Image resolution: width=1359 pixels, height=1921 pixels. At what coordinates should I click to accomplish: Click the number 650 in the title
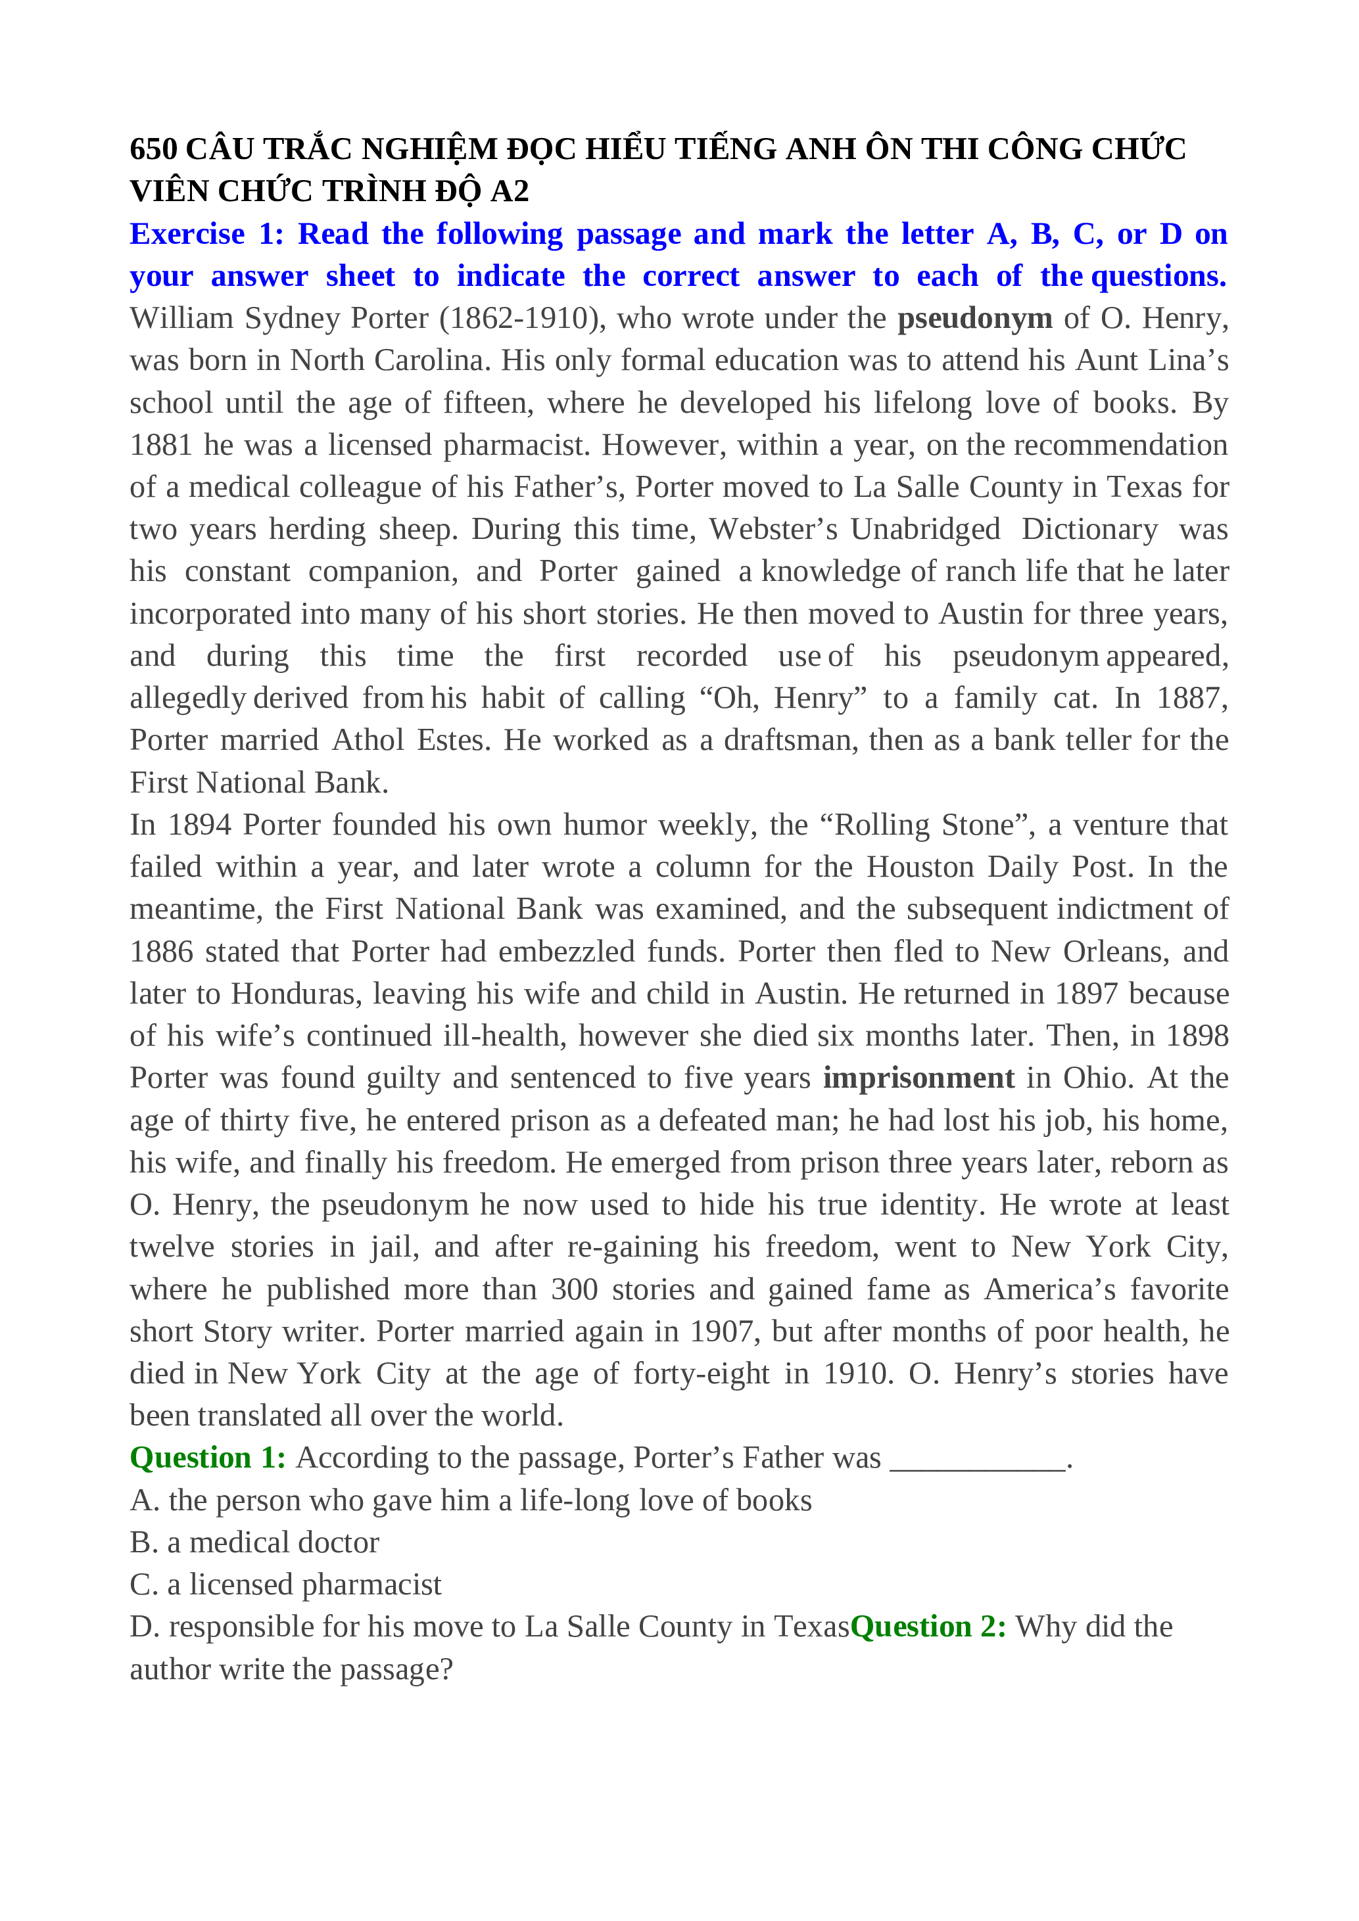click(x=153, y=149)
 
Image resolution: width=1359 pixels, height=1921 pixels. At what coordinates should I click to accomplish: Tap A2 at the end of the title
click(x=509, y=192)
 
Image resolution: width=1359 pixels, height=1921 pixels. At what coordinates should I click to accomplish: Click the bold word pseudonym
click(x=974, y=319)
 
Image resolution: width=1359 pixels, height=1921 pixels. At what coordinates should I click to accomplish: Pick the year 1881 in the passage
click(x=162, y=445)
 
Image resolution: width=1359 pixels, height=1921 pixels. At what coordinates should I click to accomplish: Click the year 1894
click(x=199, y=825)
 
